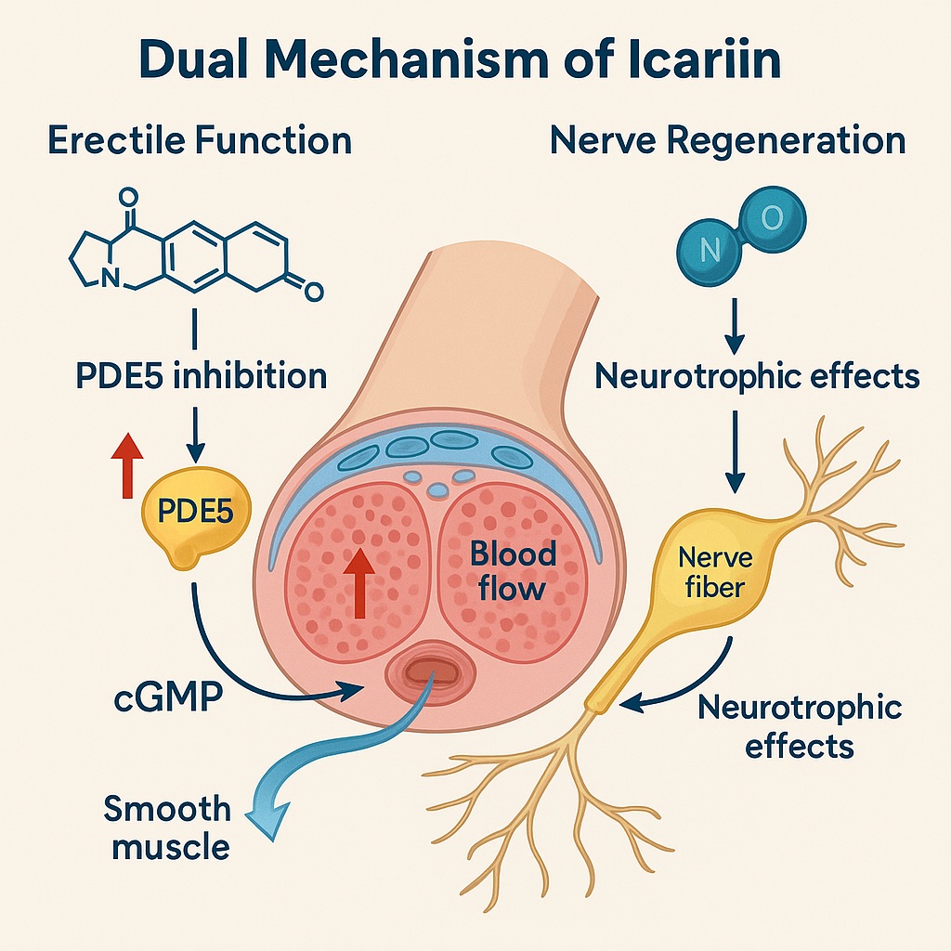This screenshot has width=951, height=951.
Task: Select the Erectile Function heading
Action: [200, 141]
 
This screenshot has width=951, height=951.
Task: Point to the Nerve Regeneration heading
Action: [728, 141]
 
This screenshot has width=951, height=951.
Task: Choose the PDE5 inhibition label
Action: [200, 376]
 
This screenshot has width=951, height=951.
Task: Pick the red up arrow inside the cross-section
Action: [358, 575]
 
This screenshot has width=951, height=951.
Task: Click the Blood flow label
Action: [513, 571]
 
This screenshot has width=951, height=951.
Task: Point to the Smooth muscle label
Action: [167, 827]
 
